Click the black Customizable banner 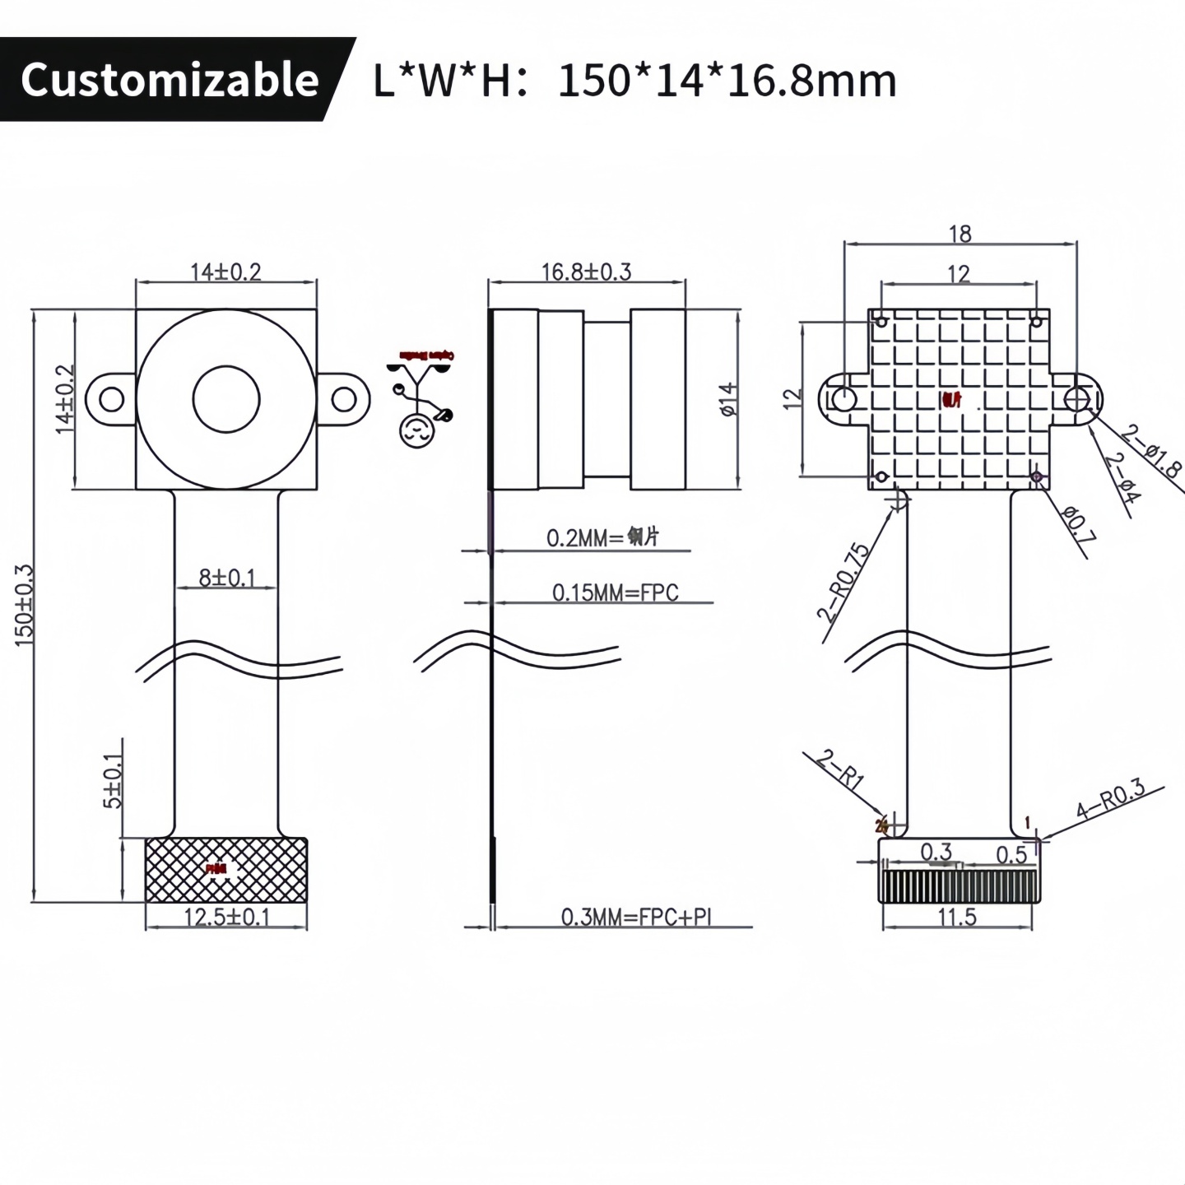tap(169, 79)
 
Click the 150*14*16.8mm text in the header tap(727, 81)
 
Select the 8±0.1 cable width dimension tap(226, 578)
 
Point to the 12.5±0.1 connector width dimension tap(226, 917)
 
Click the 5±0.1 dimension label tap(113, 783)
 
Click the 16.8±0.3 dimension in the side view tap(586, 272)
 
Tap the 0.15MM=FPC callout tap(615, 592)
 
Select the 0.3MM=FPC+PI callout tap(635, 917)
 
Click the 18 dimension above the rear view tap(960, 235)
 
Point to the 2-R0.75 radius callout tap(843, 581)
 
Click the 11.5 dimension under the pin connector tap(956, 917)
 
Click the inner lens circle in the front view tap(226, 399)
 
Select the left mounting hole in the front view tap(111, 399)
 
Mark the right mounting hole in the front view tap(343, 399)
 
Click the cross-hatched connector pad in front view tap(226, 871)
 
